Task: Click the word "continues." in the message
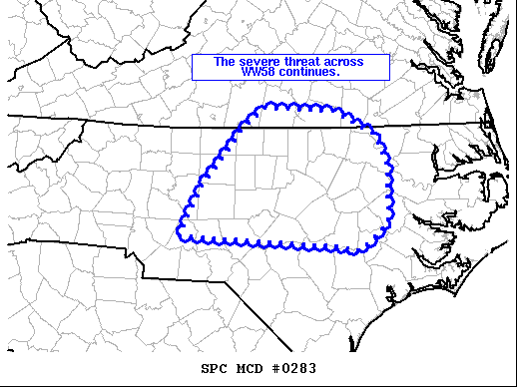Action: [310, 73]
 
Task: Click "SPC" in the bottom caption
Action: [215, 369]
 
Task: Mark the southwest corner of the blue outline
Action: [181, 236]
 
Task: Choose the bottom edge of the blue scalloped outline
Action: [269, 243]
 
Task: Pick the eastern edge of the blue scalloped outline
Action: [389, 190]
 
